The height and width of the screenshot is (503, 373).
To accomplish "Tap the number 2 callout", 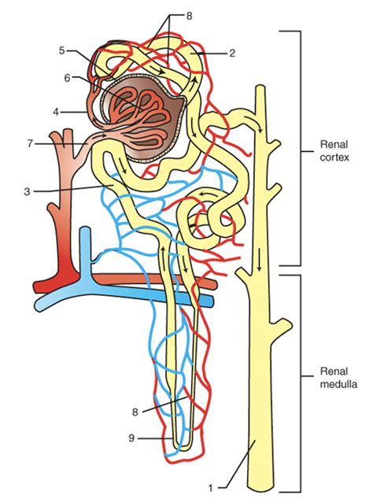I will [x=233, y=54].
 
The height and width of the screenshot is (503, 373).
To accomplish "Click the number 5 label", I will [x=61, y=51].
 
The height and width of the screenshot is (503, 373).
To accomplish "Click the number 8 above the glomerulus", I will [x=190, y=15].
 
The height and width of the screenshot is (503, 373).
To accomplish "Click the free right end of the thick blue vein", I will [x=212, y=301].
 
